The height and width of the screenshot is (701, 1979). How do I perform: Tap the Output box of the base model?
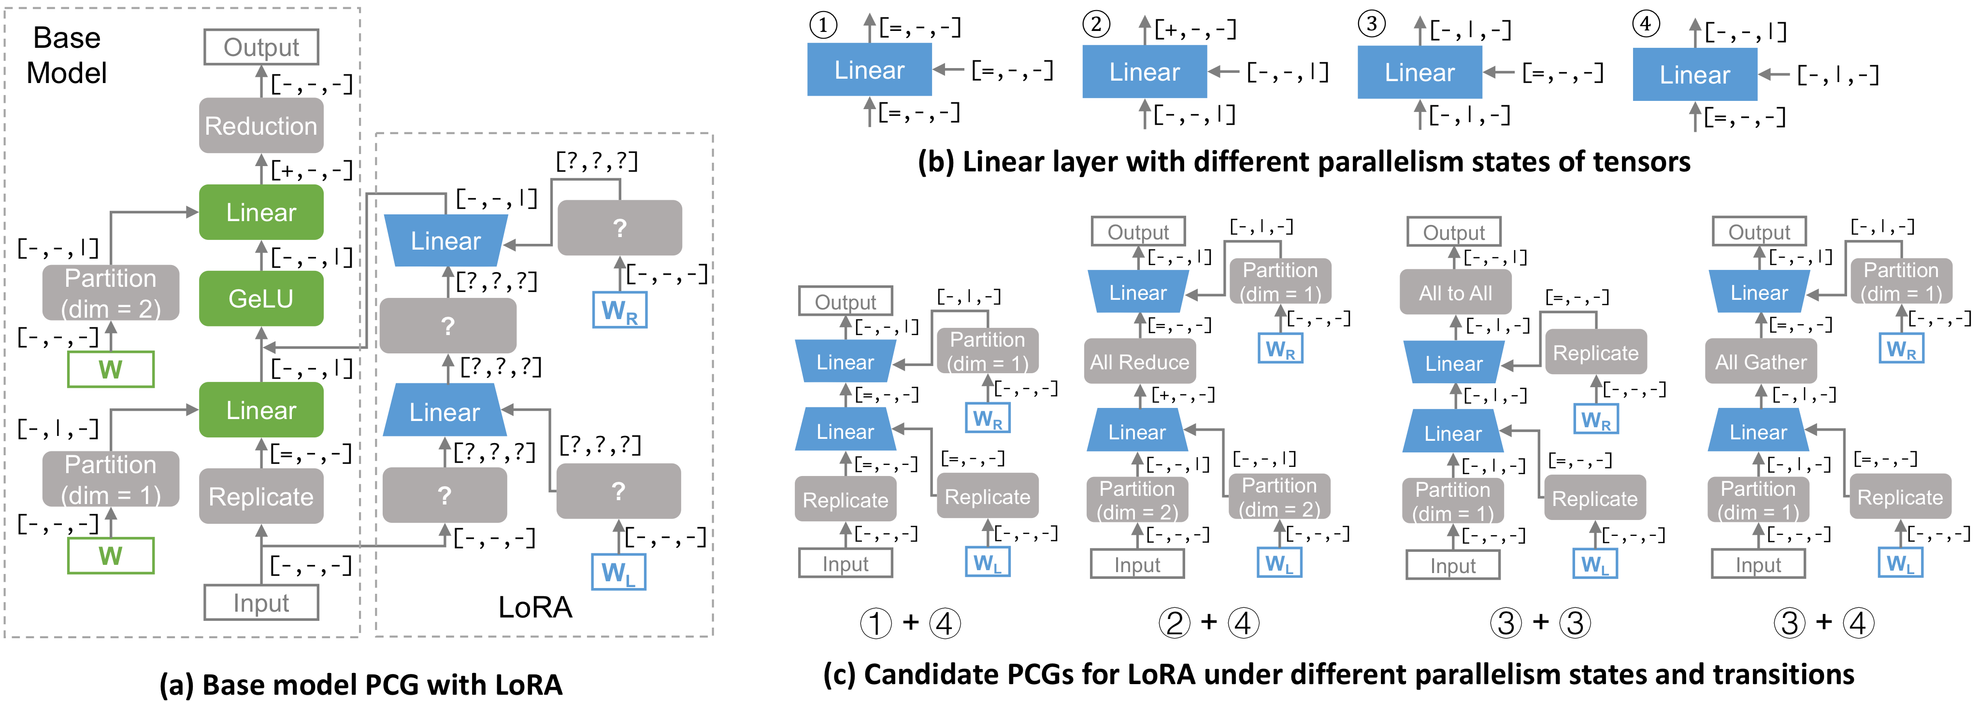tap(261, 47)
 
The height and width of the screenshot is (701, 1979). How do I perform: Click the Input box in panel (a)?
tap(261, 603)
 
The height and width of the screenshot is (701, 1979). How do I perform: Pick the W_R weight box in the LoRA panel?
tap(619, 310)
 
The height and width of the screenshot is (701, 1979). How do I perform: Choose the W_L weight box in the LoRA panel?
tap(618, 572)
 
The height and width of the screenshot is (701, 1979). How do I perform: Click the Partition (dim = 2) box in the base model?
tap(111, 293)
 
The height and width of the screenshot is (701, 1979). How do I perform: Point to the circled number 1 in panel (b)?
tap(823, 25)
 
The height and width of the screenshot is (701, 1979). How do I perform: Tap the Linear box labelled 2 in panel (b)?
tap(1144, 72)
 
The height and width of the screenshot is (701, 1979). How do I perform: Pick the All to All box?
tap(1455, 293)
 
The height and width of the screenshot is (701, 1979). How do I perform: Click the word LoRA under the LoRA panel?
tap(535, 607)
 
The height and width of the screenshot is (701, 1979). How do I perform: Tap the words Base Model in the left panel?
tap(67, 56)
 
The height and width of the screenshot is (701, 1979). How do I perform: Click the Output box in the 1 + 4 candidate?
tap(845, 302)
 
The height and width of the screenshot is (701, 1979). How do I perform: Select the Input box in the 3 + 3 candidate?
tap(1453, 566)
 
